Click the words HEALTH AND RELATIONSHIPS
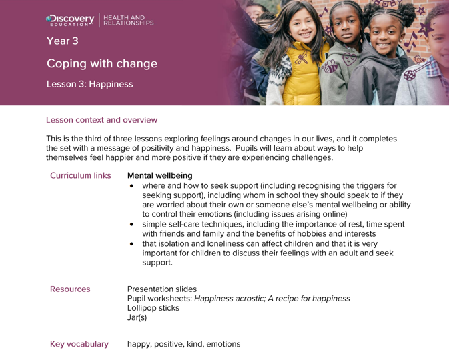tap(130, 20)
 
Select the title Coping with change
tap(101, 64)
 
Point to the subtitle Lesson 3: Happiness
tap(89, 85)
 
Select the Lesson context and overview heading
tap(101, 120)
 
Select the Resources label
tap(70, 289)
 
